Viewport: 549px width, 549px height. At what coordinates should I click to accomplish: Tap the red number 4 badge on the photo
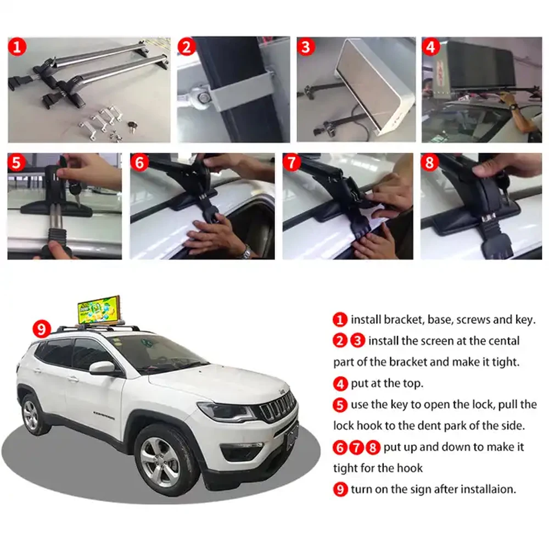[431, 47]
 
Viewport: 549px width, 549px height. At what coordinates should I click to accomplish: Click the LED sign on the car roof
[99, 311]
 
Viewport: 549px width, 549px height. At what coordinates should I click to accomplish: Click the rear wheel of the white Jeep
[30, 414]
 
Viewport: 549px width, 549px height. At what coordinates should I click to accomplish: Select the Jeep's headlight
[226, 411]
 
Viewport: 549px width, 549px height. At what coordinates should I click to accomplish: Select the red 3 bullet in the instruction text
[358, 341]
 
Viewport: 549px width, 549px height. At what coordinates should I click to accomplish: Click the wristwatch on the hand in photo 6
[247, 253]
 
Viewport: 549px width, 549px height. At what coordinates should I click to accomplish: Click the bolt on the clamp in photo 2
[204, 97]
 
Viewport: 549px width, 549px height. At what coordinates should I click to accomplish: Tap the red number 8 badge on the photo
[430, 163]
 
